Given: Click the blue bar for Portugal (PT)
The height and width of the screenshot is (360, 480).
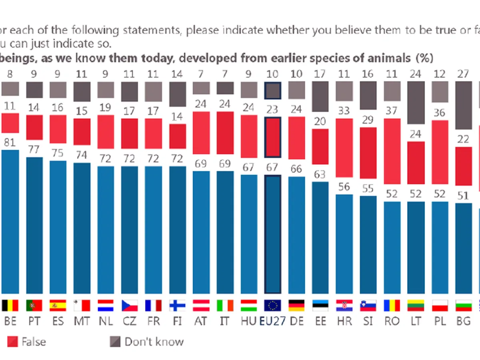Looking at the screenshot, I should [x=34, y=226].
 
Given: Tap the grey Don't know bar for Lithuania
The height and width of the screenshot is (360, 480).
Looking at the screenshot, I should [x=416, y=103].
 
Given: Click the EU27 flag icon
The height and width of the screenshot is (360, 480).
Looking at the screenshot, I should [x=273, y=306].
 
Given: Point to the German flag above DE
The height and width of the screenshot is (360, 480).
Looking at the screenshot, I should [x=296, y=306].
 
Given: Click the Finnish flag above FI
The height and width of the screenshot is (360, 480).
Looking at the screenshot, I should [x=177, y=306].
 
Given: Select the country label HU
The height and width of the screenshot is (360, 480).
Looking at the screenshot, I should [x=248, y=321].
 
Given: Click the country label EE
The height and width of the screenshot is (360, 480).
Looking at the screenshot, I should [x=320, y=321].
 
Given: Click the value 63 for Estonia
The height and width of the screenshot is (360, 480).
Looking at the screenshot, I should [x=320, y=175].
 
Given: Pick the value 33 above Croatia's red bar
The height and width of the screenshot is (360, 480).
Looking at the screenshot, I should [x=344, y=110].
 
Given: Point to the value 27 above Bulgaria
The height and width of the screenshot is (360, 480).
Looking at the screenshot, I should [x=463, y=74].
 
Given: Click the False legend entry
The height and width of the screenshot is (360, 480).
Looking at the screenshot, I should [x=27, y=342].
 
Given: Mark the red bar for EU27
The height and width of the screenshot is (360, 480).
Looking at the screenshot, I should [x=273, y=137].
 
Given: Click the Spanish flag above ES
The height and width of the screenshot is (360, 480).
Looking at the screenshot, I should [x=58, y=306].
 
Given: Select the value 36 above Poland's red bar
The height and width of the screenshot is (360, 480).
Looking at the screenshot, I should [x=439, y=113].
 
